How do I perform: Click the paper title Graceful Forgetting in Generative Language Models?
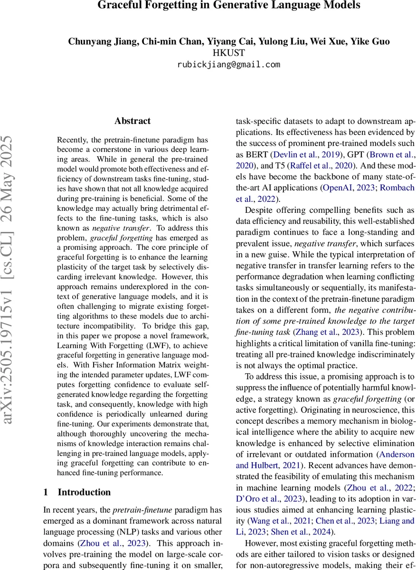pyautogui.click(x=229, y=6)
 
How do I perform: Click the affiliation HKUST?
pyautogui.click(x=229, y=53)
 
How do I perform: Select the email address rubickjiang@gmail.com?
pyautogui.click(x=229, y=65)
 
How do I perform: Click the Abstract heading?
pyautogui.click(x=132, y=121)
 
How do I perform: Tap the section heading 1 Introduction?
pyautogui.click(x=77, y=492)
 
